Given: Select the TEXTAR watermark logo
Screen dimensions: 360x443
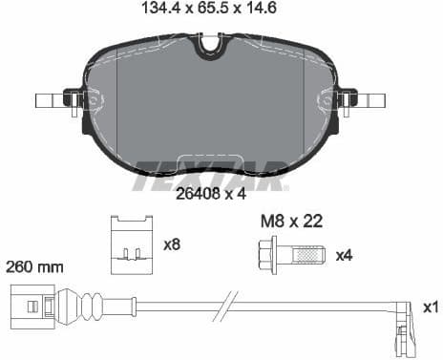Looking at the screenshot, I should (x=209, y=174).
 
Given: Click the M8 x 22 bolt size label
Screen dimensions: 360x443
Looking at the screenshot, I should (x=291, y=221).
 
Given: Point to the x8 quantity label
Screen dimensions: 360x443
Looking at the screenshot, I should (x=172, y=244).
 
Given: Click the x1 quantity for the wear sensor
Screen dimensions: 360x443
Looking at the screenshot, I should (x=429, y=307).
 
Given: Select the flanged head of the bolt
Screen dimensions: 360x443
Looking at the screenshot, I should (x=265, y=255).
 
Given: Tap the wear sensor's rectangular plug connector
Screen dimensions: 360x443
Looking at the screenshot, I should (x=29, y=307).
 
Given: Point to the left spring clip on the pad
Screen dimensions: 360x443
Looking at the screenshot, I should (x=74, y=98).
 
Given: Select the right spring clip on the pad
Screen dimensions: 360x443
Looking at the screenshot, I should (x=344, y=98).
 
